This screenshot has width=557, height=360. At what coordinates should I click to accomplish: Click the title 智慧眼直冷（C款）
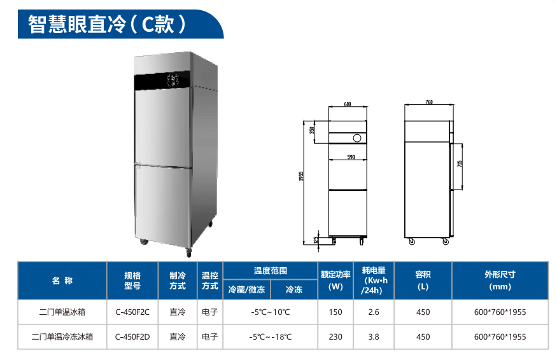tap(107, 24)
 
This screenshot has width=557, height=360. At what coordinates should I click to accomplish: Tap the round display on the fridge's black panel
tap(173, 80)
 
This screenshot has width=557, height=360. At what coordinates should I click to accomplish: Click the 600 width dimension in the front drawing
tap(348, 104)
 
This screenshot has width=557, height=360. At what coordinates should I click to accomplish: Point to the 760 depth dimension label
tap(429, 102)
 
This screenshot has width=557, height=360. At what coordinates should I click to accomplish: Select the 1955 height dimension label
tap(301, 176)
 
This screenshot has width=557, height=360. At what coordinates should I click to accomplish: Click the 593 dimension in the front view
tap(351, 157)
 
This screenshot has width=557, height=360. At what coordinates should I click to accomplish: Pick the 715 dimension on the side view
tap(460, 163)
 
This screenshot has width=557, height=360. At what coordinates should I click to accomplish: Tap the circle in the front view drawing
tap(357, 138)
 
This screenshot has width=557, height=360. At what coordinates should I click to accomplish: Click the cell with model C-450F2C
tap(132, 312)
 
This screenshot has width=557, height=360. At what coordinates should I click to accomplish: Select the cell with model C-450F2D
tap(132, 336)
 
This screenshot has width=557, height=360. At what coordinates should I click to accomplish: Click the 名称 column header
tap(62, 280)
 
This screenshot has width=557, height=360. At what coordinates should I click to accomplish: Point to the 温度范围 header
tap(271, 271)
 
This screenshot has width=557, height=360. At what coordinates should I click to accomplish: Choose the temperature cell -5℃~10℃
tap(271, 312)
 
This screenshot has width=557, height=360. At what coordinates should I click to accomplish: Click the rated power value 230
tap(335, 336)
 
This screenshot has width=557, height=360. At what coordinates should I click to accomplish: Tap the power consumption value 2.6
tap(374, 312)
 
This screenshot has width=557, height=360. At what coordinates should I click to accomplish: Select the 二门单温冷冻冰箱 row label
tap(62, 336)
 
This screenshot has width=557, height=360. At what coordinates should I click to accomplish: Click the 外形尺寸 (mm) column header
tap(500, 280)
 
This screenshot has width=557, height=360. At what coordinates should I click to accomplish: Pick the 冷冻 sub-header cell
tap(294, 289)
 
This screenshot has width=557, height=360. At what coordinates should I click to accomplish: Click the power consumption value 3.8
tap(374, 336)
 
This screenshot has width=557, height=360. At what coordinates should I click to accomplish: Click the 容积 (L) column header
tap(423, 280)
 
